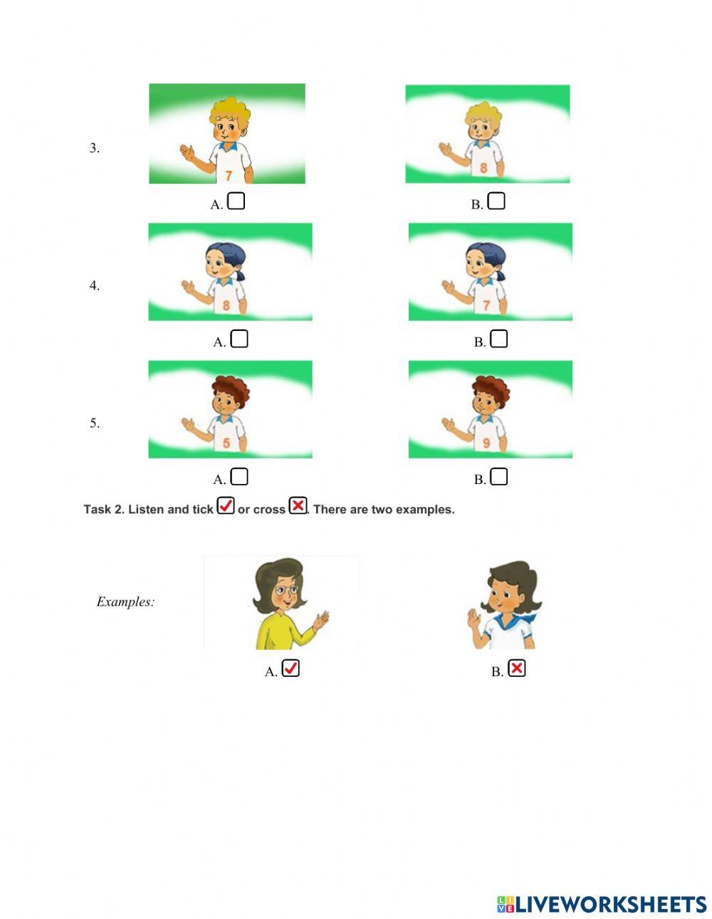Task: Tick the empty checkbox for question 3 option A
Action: pyautogui.click(x=237, y=201)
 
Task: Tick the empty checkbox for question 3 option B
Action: pyautogui.click(x=497, y=201)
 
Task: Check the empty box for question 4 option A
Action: pyautogui.click(x=240, y=339)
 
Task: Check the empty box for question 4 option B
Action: pyautogui.click(x=500, y=339)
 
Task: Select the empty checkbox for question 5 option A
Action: pyautogui.click(x=240, y=476)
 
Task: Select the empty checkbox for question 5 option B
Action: pyautogui.click(x=500, y=476)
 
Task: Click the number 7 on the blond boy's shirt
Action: pyautogui.click(x=228, y=175)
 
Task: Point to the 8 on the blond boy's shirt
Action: pyautogui.click(x=483, y=169)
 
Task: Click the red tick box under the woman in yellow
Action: pyautogui.click(x=290, y=668)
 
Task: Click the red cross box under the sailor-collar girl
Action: pyautogui.click(x=517, y=668)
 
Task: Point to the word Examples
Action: pyautogui.click(x=125, y=602)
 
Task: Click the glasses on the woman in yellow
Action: pyautogui.click(x=283, y=590)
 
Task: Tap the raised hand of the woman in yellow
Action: pyautogui.click(x=322, y=620)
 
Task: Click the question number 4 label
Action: pyautogui.click(x=94, y=285)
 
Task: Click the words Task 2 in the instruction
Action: pyautogui.click(x=103, y=510)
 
